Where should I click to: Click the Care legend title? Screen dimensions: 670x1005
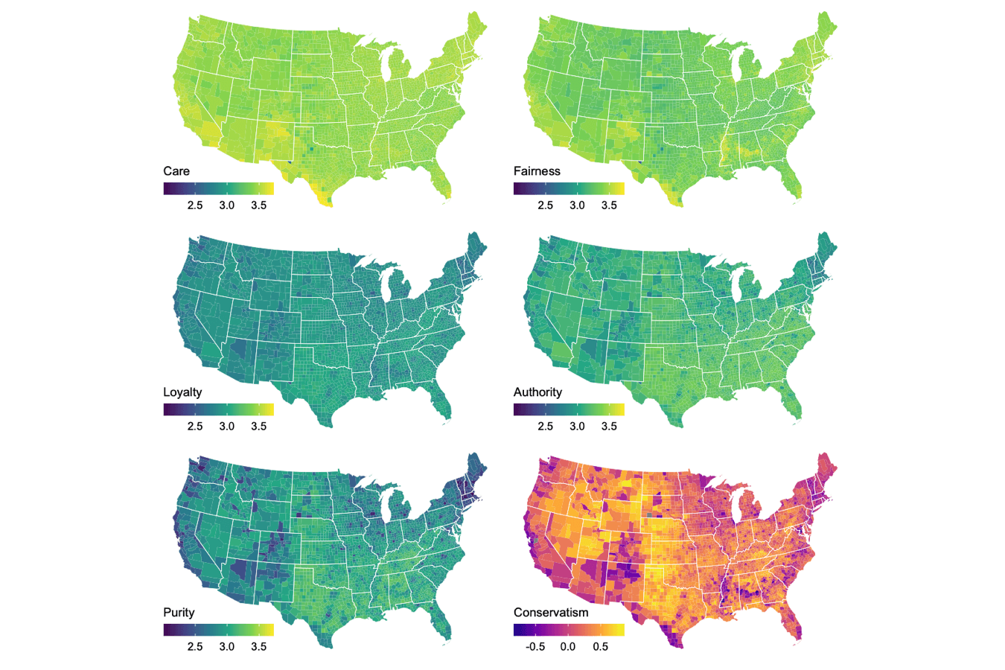(x=176, y=171)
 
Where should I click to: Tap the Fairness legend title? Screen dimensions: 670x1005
(x=537, y=171)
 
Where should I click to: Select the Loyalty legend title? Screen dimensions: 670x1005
(x=182, y=392)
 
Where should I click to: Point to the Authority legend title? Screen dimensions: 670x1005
(x=537, y=392)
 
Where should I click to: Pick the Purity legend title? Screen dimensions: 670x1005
(x=179, y=613)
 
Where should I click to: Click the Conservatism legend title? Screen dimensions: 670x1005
(x=551, y=613)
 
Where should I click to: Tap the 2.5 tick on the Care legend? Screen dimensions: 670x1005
(x=195, y=205)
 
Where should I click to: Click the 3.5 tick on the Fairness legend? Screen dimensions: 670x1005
(x=609, y=205)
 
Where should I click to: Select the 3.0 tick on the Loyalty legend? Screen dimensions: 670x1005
(x=227, y=427)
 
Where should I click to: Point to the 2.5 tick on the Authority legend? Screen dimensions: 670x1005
(x=545, y=427)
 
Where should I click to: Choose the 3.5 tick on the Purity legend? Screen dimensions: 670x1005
(x=258, y=647)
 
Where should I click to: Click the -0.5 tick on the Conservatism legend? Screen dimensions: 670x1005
(x=535, y=647)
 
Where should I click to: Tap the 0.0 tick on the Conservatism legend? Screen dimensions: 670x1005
(x=568, y=647)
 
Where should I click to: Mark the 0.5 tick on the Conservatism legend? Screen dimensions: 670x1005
(x=600, y=647)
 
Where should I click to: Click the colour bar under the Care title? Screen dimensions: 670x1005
(x=219, y=189)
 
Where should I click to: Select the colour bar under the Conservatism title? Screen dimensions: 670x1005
(x=569, y=630)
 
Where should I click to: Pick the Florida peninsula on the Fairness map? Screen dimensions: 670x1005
(x=796, y=182)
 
